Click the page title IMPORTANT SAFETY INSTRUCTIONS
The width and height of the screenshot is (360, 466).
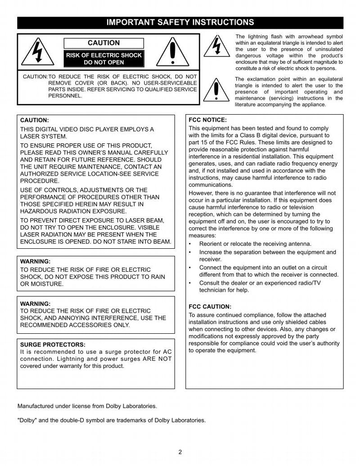(x=180, y=22)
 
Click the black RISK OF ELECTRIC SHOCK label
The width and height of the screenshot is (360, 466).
(x=104, y=58)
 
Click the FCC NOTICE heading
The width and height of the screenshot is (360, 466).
(x=207, y=120)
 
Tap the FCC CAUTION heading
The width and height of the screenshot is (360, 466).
(x=210, y=307)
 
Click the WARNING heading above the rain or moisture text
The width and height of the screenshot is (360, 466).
(x=36, y=261)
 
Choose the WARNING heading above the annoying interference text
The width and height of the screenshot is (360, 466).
(x=36, y=304)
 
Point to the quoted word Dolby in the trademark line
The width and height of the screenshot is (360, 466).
(x=27, y=421)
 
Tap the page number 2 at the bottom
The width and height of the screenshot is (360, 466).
(x=180, y=452)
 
